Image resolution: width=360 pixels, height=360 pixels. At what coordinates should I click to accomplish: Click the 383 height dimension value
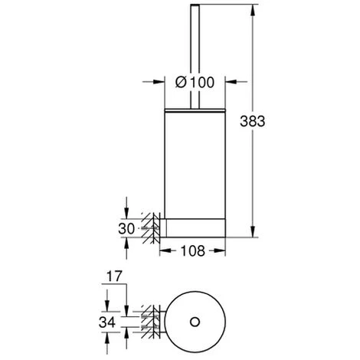[253, 121]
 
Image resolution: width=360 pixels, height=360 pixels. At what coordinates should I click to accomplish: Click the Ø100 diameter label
[195, 82]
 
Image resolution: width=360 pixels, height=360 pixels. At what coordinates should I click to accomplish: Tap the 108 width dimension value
[193, 250]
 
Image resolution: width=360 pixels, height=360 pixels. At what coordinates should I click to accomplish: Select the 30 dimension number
[126, 228]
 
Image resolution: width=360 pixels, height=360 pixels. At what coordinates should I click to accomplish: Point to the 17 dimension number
[114, 277]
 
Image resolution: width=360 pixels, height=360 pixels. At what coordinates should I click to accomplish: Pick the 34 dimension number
[107, 322]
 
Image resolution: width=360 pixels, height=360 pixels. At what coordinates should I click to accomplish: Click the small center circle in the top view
[195, 322]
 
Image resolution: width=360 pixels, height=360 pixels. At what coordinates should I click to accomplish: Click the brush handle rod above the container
[195, 57]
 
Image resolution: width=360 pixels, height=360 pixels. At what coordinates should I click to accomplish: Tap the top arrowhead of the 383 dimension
[253, 10]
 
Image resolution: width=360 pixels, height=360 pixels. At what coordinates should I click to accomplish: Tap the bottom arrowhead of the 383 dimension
[253, 231]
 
